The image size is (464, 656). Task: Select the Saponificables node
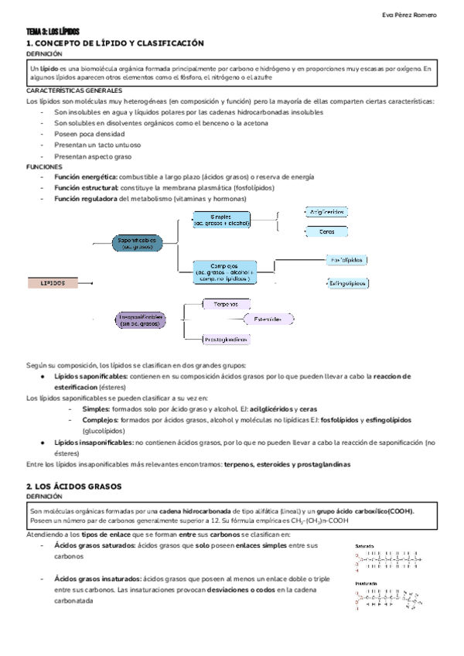point(138,243)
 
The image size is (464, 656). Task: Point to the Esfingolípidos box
point(347,284)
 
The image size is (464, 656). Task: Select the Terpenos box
point(225,304)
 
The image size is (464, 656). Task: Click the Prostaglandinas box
point(226,339)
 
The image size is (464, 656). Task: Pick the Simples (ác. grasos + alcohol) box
point(222,220)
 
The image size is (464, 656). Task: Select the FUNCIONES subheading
point(43,166)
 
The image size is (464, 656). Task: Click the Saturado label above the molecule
point(365,546)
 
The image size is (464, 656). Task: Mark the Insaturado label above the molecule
point(367,584)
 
